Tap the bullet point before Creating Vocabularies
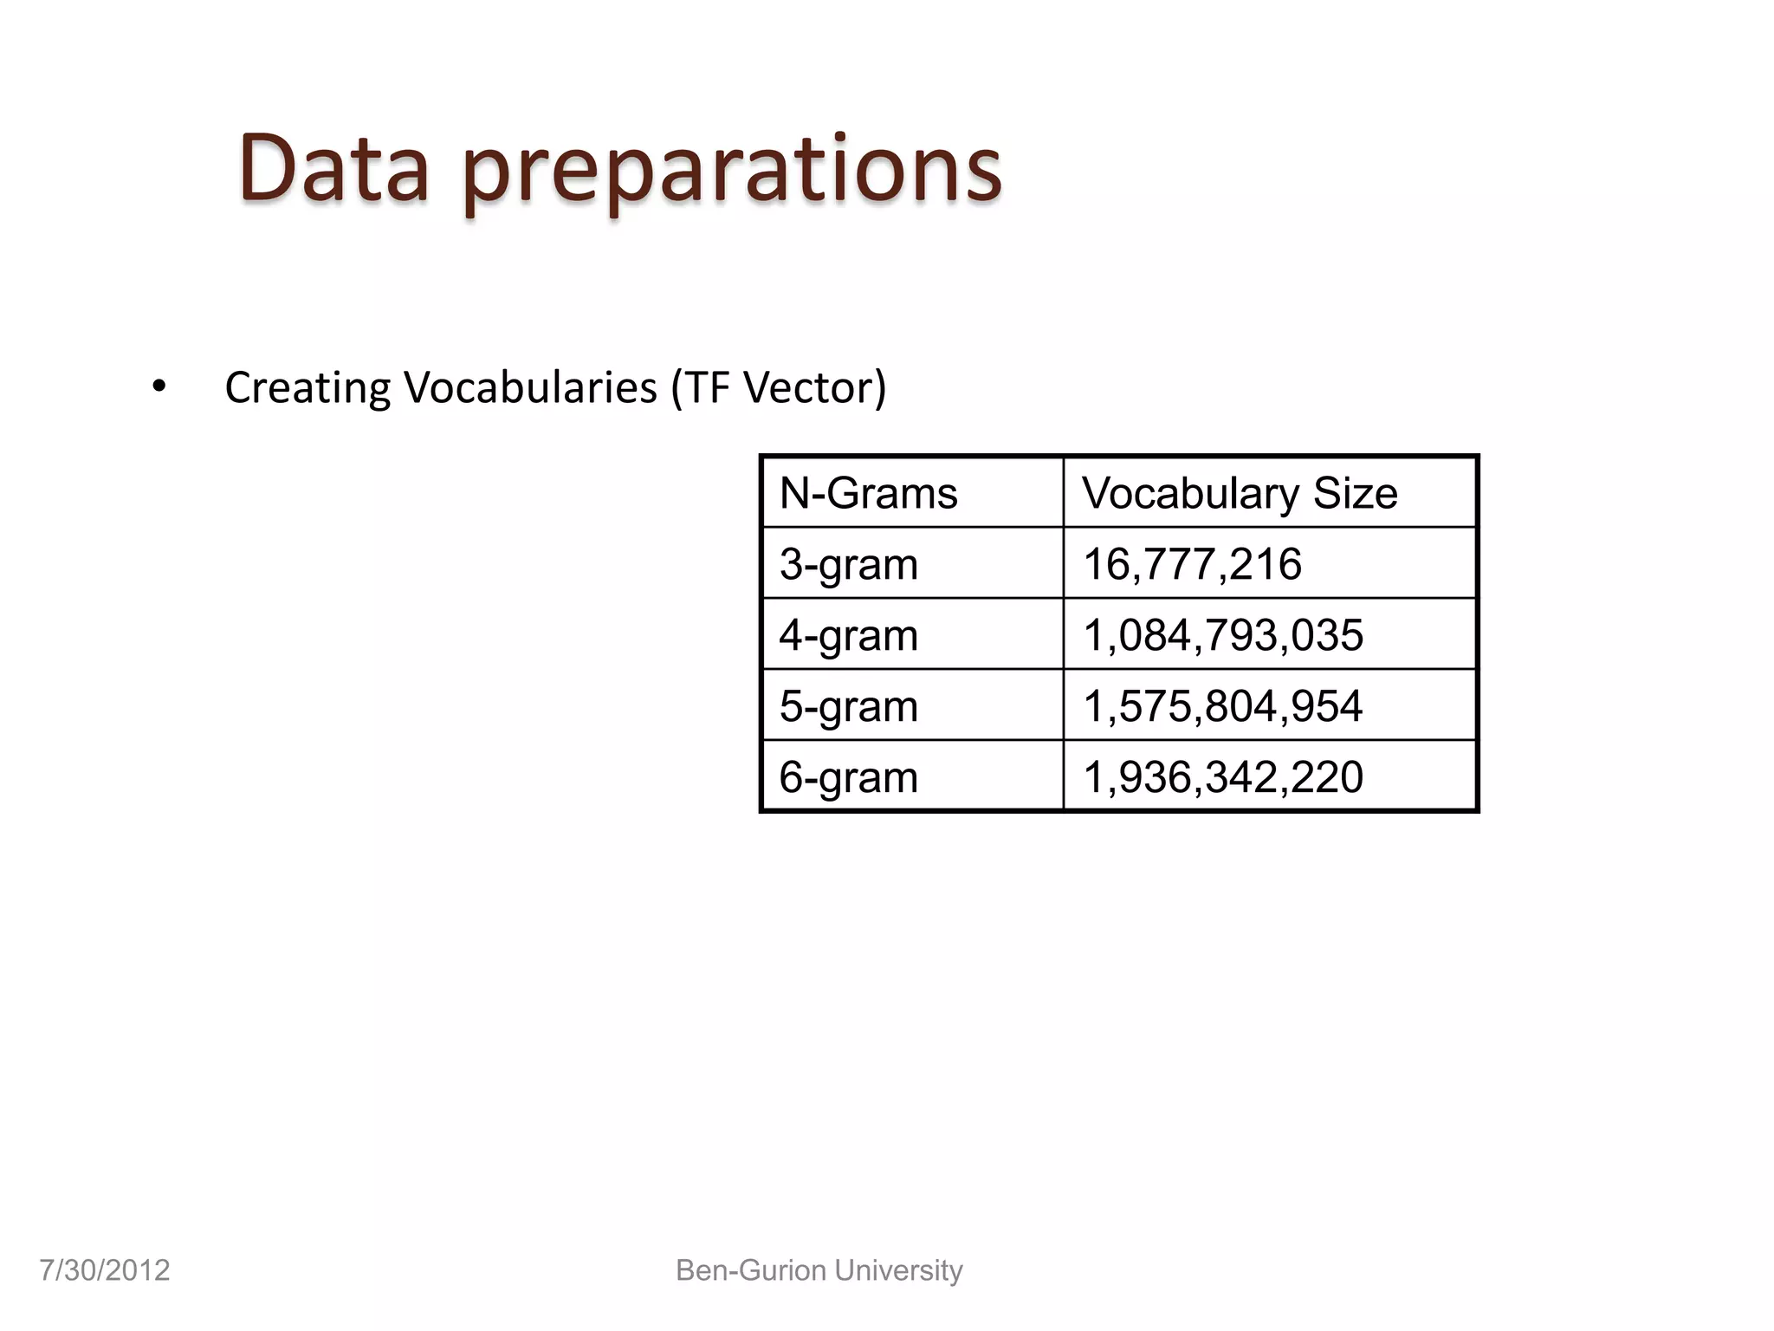[x=159, y=386]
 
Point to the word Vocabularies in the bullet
[x=530, y=386]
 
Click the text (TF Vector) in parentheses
[x=779, y=387]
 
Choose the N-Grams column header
[x=868, y=493]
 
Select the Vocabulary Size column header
[x=1239, y=493]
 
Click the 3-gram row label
[x=848, y=564]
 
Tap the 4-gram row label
[x=848, y=635]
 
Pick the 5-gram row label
[x=848, y=706]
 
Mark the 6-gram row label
[x=848, y=777]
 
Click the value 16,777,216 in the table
[x=1192, y=564]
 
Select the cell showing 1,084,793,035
[x=1223, y=635]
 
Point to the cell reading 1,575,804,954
[x=1223, y=706]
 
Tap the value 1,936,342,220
[x=1223, y=777]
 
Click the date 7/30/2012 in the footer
[x=105, y=1270]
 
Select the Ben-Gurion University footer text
[x=819, y=1270]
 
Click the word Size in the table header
[x=1355, y=493]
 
